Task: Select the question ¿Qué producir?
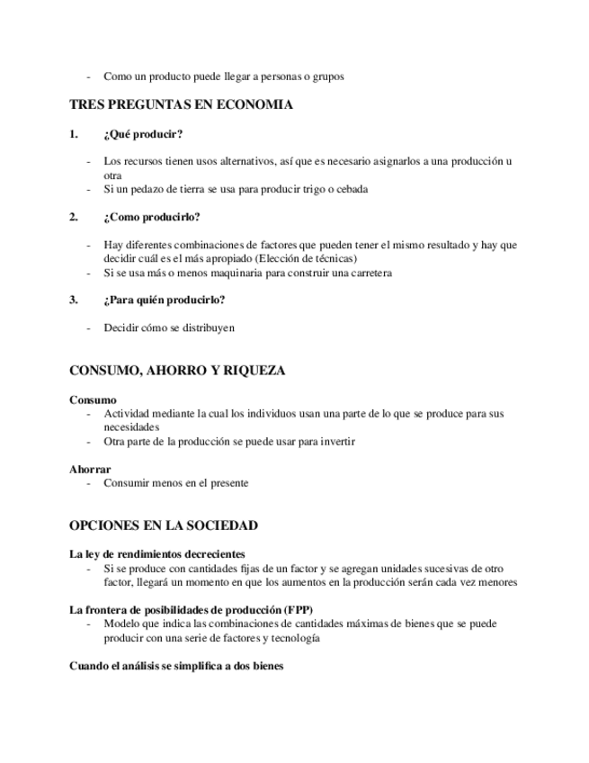click(x=143, y=134)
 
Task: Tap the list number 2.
click(x=74, y=217)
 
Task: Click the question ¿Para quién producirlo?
click(x=164, y=300)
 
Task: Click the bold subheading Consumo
click(x=93, y=399)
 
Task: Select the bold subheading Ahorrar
click(x=90, y=469)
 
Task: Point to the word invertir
click(x=335, y=442)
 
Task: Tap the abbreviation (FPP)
click(x=296, y=610)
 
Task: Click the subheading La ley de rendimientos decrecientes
click(x=157, y=554)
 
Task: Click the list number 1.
click(x=74, y=134)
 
